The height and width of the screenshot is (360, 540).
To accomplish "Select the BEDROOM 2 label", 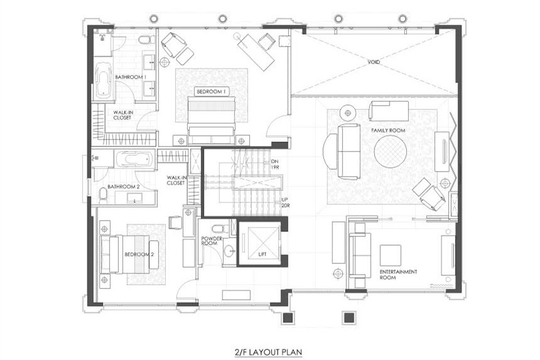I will [139, 254].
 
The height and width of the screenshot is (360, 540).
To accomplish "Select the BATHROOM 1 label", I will [131, 77].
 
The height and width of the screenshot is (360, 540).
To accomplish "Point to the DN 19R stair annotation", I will [274, 165].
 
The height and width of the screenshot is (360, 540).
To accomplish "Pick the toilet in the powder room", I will [218, 229].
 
